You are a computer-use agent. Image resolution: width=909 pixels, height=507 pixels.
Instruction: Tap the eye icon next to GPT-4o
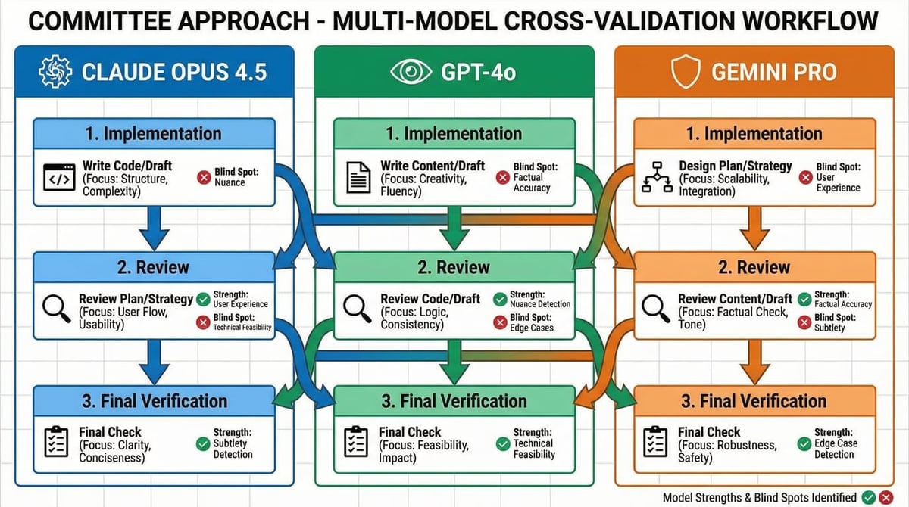pyautogui.click(x=410, y=73)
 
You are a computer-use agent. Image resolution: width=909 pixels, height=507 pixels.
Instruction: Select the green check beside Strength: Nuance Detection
pyautogui.click(x=499, y=299)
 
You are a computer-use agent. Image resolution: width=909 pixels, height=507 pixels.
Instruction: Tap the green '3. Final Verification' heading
pyautogui.click(x=454, y=400)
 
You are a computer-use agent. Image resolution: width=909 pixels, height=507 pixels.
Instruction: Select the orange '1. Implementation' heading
pyautogui.click(x=754, y=134)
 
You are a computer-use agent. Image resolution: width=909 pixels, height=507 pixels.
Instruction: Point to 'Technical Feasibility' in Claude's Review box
pyautogui.click(x=243, y=328)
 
